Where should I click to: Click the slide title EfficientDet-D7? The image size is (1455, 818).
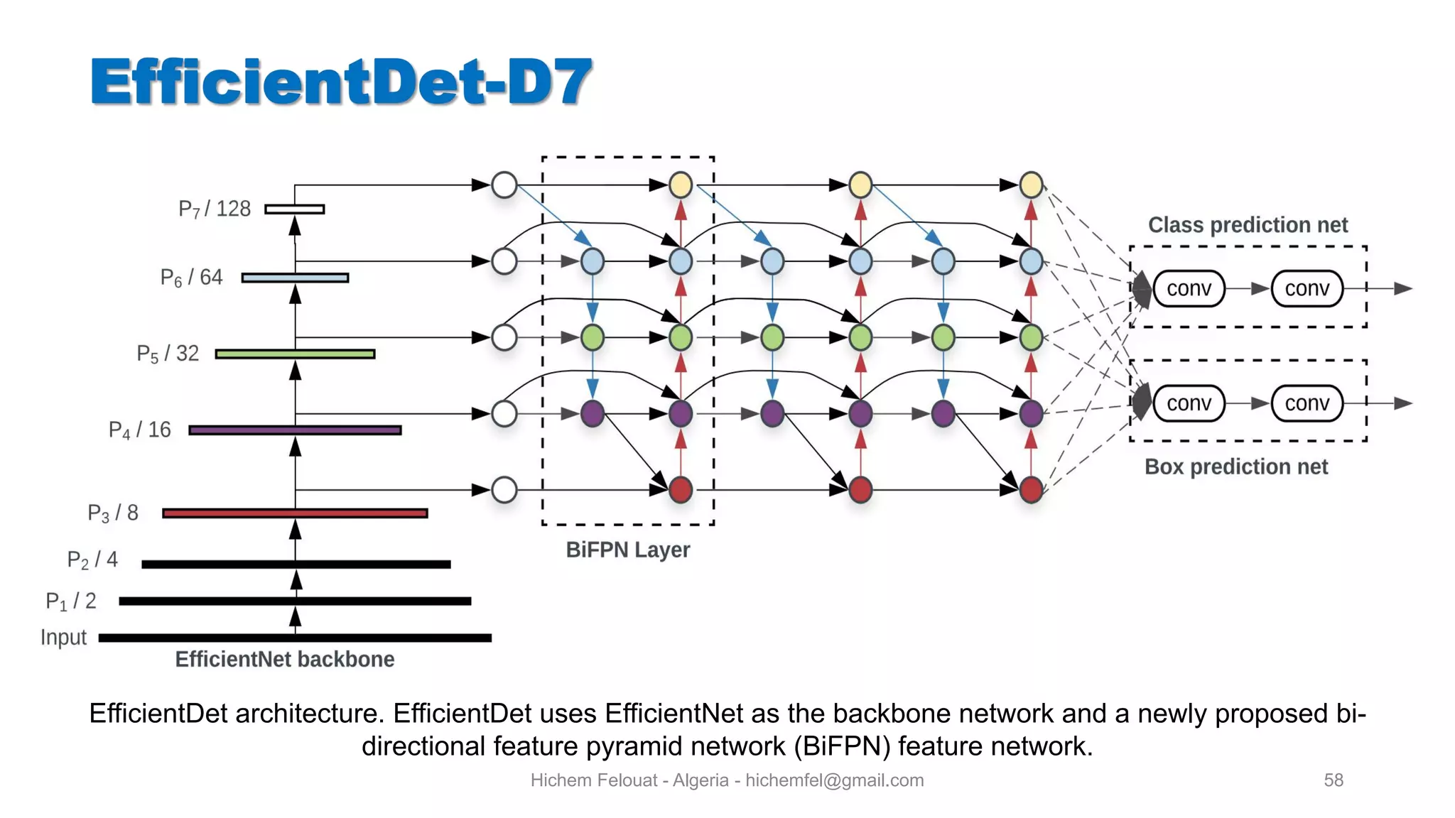click(x=341, y=82)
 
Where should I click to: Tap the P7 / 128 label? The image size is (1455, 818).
click(x=215, y=209)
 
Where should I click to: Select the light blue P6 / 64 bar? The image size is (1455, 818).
click(x=295, y=278)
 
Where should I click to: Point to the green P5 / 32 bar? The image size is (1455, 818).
click(x=295, y=354)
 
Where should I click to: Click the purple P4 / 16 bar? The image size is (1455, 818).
click(x=295, y=430)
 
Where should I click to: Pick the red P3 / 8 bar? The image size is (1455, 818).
click(x=295, y=513)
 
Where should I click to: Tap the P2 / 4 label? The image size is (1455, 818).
click(x=92, y=560)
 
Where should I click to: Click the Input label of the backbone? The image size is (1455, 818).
click(x=63, y=638)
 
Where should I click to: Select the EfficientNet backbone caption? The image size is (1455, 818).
click(x=284, y=660)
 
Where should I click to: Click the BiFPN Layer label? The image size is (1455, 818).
click(x=627, y=550)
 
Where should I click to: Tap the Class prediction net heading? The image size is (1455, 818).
click(x=1248, y=225)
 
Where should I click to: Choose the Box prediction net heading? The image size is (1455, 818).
click(x=1236, y=467)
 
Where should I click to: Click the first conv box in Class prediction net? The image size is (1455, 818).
click(x=1189, y=288)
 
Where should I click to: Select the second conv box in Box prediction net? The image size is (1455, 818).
click(x=1307, y=403)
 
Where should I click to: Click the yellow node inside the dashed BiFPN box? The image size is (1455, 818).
click(x=681, y=185)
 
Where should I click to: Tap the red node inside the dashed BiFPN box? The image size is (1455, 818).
click(x=681, y=489)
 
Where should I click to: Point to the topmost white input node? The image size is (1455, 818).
click(x=504, y=185)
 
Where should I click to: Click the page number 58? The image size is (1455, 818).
click(x=1334, y=780)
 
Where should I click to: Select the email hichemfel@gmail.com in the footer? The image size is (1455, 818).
click(x=834, y=780)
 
